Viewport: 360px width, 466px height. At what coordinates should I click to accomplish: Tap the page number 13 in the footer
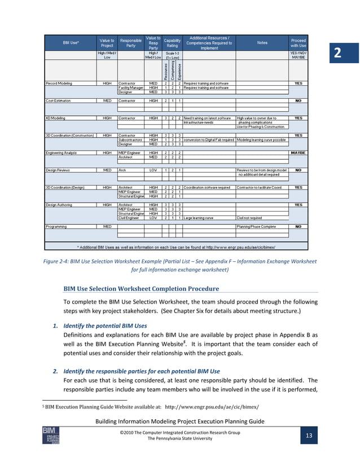coord(309,436)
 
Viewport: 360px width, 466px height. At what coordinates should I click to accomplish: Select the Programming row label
coord(56,226)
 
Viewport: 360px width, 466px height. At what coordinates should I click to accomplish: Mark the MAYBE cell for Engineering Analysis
coord(298,152)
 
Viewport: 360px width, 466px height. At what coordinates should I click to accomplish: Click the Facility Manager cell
coord(130,87)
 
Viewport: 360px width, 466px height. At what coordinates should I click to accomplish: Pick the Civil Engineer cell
coord(129,217)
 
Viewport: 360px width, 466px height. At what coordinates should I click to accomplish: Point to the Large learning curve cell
coord(199,217)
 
